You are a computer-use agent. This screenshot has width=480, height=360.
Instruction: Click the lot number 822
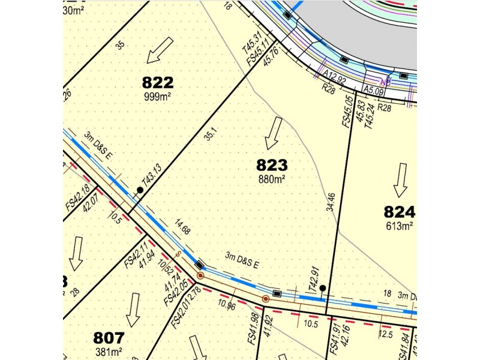(157, 82)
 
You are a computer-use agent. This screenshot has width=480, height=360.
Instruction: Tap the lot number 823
(272, 164)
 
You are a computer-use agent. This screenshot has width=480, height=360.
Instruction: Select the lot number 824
(400, 212)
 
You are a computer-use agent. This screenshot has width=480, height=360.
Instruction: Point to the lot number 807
(109, 337)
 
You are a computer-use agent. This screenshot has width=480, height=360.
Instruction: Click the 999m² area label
(157, 96)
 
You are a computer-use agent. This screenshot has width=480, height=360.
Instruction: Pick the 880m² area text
(272, 178)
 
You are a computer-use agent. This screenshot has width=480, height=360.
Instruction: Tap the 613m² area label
(400, 226)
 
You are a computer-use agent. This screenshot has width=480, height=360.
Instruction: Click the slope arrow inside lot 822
(160, 50)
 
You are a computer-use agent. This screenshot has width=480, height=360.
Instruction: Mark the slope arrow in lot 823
(274, 133)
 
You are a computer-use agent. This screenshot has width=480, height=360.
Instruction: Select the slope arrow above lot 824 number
(400, 180)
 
